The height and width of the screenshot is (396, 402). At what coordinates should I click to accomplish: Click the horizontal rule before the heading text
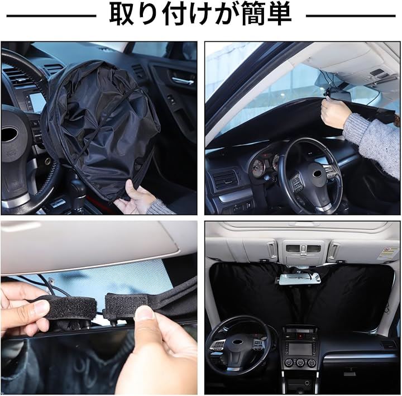tap(51, 16)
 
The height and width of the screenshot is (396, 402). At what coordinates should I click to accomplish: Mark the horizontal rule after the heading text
tap(351, 16)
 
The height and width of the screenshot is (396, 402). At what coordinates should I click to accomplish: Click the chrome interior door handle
tap(183, 80)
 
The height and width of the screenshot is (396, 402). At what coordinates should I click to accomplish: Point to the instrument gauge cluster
tap(264, 164)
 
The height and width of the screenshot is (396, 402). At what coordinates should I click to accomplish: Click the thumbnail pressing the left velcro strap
tap(41, 308)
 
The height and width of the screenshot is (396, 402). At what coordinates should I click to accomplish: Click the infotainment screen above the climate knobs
tap(300, 349)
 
